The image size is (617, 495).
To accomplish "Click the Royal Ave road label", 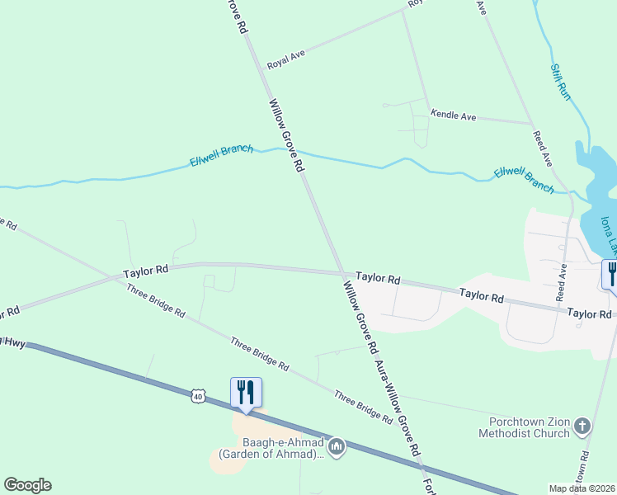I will tap(286, 59).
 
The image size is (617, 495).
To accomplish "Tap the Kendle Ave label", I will tap(453, 116).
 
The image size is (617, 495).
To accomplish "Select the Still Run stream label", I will tap(560, 80).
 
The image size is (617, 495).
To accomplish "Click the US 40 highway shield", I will tap(197, 397).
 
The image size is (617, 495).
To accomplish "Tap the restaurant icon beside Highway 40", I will tap(246, 391).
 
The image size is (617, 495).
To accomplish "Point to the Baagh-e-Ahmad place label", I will tap(269, 448).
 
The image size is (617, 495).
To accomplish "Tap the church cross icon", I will tap(582, 427).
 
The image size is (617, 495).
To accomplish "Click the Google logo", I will tap(27, 485).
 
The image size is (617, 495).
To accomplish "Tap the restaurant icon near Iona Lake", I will tap(611, 273).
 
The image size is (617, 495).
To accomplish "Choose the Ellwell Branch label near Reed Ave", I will tap(524, 180).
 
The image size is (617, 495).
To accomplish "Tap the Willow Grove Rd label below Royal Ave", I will tap(286, 136).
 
